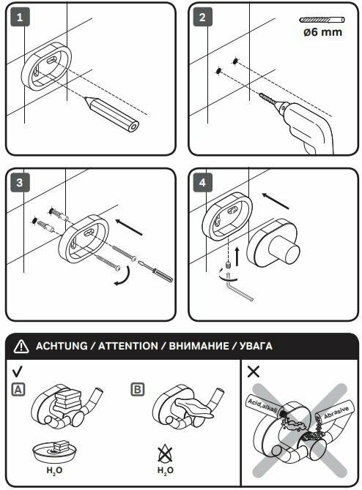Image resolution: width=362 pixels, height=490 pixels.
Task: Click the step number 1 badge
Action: [20, 17]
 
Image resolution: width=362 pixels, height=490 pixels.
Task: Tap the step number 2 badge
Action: [202, 17]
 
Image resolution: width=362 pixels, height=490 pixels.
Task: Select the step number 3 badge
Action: [20, 182]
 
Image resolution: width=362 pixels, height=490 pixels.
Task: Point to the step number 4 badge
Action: [202, 182]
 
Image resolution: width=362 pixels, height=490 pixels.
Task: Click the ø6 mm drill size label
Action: [322, 32]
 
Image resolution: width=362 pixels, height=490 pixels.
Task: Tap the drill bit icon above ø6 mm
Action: [322, 20]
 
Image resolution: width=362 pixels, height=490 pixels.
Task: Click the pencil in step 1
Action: [111, 114]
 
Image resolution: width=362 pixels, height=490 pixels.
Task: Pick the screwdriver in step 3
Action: [155, 271]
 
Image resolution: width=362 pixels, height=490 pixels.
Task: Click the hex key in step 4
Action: [238, 287]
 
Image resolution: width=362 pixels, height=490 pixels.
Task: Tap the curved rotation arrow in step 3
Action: [123, 276]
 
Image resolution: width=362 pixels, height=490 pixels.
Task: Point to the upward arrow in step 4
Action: [237, 256]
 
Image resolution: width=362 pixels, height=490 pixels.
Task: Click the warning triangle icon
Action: [21, 346]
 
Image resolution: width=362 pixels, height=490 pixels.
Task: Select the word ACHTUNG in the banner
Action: [62, 346]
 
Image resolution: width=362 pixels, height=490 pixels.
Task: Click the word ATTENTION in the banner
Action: [128, 346]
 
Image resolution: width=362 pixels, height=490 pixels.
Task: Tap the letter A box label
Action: [18, 390]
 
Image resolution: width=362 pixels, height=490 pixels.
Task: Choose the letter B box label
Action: [138, 390]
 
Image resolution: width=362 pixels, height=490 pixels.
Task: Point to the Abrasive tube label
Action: [336, 412]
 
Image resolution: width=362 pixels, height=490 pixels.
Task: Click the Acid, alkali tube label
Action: [262, 406]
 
